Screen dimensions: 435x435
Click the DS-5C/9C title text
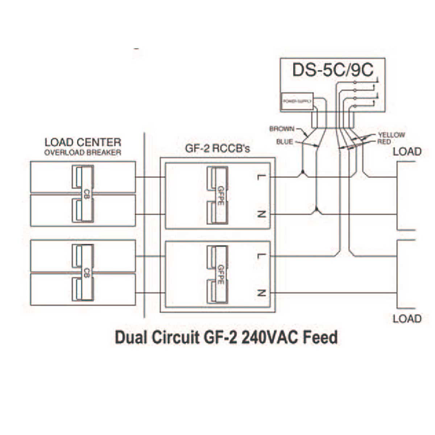click(x=332, y=70)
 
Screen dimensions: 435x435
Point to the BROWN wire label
click(x=282, y=129)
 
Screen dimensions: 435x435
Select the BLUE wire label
click(x=285, y=142)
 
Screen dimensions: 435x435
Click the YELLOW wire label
click(x=391, y=135)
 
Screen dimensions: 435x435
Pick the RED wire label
click(x=384, y=142)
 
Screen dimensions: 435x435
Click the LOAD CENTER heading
click(x=83, y=142)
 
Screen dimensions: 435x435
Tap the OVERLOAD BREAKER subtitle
click(x=83, y=153)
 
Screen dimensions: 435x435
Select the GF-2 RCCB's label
click(x=217, y=149)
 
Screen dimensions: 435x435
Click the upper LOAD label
click(x=407, y=152)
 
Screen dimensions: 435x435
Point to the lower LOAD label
click(x=407, y=319)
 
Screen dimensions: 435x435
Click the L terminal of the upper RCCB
click(x=261, y=177)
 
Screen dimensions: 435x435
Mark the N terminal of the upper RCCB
click(x=261, y=214)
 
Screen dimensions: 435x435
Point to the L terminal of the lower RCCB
click(x=261, y=256)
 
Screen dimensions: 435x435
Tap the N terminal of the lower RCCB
click(x=261, y=293)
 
